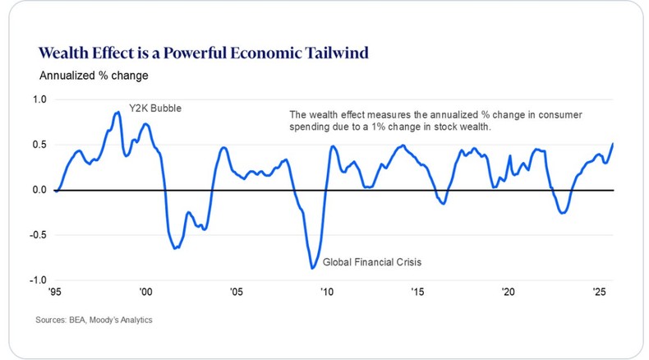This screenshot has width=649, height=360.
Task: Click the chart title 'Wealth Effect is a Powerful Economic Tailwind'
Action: [x=203, y=53]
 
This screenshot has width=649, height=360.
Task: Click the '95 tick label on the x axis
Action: [x=55, y=292]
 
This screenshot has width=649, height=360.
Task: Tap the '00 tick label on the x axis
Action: [x=145, y=292]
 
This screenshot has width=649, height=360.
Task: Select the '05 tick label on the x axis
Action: [x=236, y=292]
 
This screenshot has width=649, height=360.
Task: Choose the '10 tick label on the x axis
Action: [x=326, y=292]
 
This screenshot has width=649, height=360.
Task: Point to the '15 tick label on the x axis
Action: [x=417, y=292]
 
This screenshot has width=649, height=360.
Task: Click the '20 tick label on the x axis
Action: [x=508, y=292]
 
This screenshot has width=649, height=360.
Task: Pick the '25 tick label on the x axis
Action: [x=598, y=292]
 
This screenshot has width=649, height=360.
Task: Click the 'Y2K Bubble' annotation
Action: [x=154, y=108]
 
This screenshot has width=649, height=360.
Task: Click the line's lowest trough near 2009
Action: [x=312, y=268]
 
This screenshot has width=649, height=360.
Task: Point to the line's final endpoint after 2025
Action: [x=613, y=144]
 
